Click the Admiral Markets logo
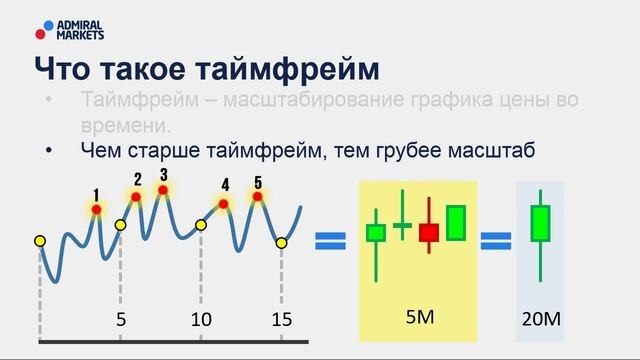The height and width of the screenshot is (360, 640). (x=69, y=30)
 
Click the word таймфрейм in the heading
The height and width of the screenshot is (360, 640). (x=287, y=69)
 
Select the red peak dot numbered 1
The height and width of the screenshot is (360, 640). (x=96, y=209)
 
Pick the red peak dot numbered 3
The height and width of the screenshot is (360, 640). (x=163, y=190)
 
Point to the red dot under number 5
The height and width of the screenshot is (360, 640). (x=257, y=196)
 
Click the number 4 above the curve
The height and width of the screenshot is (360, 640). (x=225, y=185)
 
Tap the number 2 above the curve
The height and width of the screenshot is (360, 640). (x=138, y=180)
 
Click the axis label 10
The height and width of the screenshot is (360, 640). (x=201, y=320)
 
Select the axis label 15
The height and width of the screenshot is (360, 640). (x=282, y=320)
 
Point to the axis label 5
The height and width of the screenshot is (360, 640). (x=120, y=320)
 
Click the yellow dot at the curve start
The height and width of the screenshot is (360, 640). (x=40, y=241)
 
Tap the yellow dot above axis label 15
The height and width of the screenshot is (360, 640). (x=281, y=243)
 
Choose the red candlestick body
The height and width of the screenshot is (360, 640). (x=429, y=233)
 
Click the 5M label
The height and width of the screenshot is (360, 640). (x=420, y=317)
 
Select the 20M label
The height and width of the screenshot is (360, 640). (x=541, y=319)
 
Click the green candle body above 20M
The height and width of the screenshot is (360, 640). (x=540, y=223)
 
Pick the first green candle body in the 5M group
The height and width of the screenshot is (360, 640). (x=376, y=233)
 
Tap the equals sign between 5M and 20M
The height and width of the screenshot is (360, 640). (x=496, y=241)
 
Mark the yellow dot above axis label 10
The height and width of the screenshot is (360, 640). (x=201, y=225)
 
